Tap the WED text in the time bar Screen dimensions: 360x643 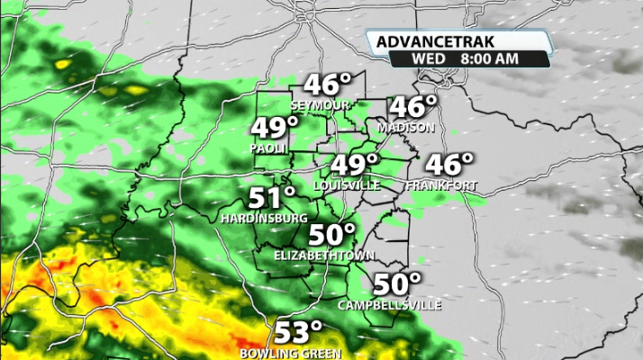pos(427,58)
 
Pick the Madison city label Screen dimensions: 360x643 pos(405,128)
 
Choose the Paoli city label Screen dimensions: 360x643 pos(268,148)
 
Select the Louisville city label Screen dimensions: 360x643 pos(346,185)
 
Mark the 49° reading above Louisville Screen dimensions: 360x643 pos(354,166)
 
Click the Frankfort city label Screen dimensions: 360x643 pos(441,185)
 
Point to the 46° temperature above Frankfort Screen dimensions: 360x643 pos(448,166)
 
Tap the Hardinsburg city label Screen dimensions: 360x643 pos(264,219)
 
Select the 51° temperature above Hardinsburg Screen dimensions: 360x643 pos(272,198)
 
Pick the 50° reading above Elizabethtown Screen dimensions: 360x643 pos(332,236)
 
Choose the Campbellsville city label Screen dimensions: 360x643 pos(390,306)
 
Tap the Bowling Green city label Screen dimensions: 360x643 pos(290,353)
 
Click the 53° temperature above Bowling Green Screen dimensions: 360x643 pos(298,332)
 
